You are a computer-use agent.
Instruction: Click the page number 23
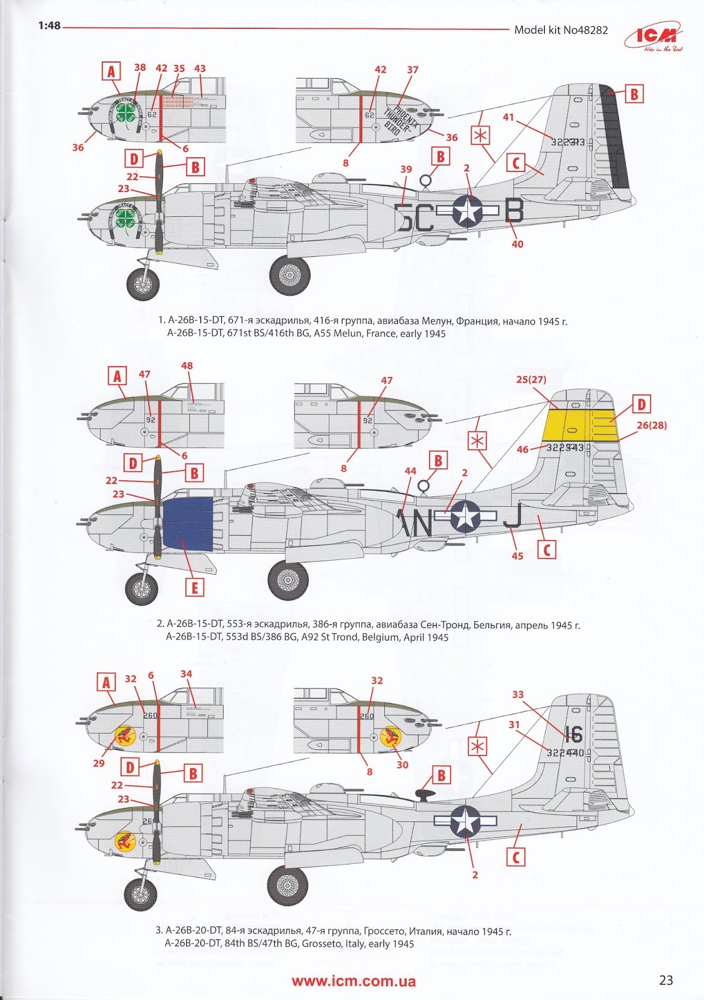coord(666,980)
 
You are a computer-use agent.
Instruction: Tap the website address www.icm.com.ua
coord(354,981)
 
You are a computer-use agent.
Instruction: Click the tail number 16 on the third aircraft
coord(573,734)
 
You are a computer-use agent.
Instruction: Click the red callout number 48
coord(186,366)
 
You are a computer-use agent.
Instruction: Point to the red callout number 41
coord(509,116)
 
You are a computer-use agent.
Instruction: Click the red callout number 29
coord(99,763)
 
